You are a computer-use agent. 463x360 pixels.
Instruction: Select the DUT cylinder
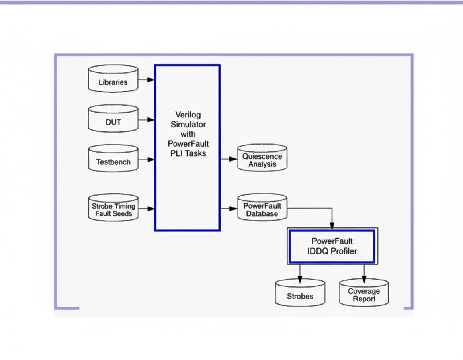tap(113, 119)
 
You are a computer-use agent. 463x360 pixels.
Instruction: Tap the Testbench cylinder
tap(113, 160)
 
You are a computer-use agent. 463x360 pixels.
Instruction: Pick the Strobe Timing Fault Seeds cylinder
tap(113, 208)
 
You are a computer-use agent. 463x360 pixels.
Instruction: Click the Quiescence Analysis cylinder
tap(262, 158)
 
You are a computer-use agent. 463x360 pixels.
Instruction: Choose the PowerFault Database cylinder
tap(262, 208)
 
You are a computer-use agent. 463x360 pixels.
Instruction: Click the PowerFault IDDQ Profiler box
tap(332, 246)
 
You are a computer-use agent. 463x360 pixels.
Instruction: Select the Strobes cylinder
tap(300, 293)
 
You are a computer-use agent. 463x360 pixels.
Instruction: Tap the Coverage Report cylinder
tap(364, 293)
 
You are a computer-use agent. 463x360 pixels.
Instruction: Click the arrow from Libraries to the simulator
tap(147, 80)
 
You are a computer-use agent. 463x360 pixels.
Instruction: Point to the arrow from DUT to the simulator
tap(147, 119)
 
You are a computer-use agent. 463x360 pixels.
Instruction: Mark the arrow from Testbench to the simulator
tap(147, 160)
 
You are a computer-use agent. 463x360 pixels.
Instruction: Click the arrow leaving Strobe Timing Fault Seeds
tap(147, 208)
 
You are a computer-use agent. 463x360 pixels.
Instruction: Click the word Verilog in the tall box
tap(188, 115)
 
